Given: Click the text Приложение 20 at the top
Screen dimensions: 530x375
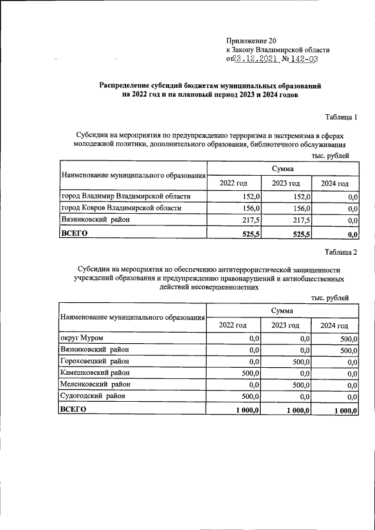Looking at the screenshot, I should [x=250, y=41].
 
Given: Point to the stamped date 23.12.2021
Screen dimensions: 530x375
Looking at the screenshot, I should [x=255, y=59].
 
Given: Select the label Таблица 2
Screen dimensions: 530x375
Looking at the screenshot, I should [x=340, y=252].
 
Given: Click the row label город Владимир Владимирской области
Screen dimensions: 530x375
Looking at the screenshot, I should [x=125, y=196].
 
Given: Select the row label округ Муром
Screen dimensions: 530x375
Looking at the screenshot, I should [x=82, y=338].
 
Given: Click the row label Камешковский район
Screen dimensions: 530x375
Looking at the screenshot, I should [x=95, y=373].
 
